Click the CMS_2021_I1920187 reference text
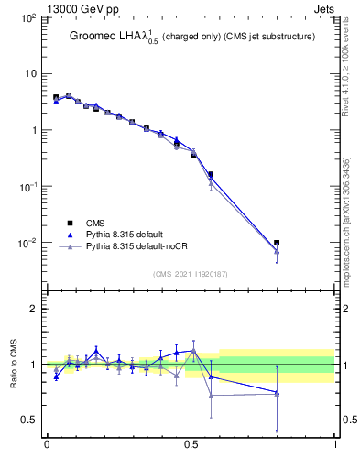[191, 274]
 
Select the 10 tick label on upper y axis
[30, 73]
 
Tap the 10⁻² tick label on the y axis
[27, 243]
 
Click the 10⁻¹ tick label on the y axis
[27, 186]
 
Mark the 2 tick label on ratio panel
[34, 309]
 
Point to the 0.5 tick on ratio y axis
[29, 420]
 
